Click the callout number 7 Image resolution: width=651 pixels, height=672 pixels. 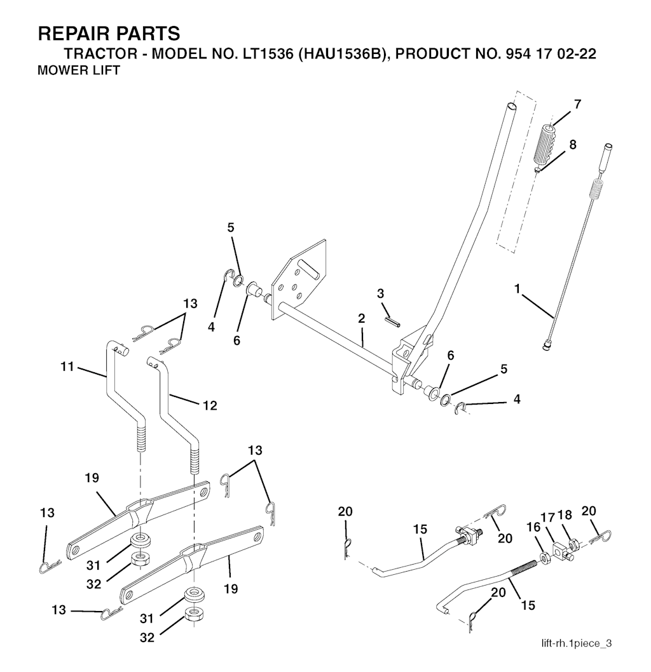point(578,104)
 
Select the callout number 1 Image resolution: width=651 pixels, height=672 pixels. point(517,289)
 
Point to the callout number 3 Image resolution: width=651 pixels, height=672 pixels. point(380,293)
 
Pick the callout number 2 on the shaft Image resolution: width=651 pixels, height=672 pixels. point(362,318)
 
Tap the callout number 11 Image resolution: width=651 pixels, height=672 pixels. point(67,366)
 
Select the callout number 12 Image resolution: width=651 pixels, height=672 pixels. point(210,405)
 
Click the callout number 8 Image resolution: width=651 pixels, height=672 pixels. point(573,144)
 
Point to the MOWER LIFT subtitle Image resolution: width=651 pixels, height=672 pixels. point(79,70)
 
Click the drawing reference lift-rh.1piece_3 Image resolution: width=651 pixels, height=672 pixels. point(577,643)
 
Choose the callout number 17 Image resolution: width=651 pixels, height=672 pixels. point(549,518)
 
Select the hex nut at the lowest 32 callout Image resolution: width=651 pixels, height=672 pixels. point(193,615)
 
